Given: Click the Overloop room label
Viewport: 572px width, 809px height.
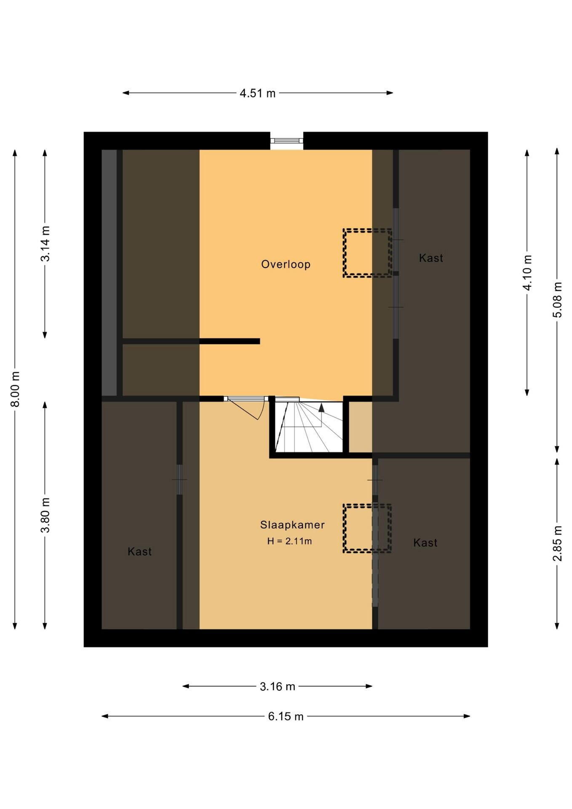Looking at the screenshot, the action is (286, 264).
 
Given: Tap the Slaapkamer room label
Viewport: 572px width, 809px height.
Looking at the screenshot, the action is (292, 525).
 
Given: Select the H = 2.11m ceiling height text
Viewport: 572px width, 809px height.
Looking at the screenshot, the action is (289, 541).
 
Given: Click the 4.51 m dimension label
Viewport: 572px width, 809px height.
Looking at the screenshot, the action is (257, 93).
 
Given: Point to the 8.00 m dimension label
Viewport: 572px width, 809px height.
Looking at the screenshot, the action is (15, 389).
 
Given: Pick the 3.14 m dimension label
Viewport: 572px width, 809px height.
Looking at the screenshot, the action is (45, 244).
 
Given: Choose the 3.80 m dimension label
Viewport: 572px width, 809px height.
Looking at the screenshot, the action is (45, 515).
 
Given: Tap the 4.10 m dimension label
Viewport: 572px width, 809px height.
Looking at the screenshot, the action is (527, 273).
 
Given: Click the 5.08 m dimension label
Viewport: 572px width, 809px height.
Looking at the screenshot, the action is (557, 300).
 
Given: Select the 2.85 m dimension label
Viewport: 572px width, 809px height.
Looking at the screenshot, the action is (557, 544).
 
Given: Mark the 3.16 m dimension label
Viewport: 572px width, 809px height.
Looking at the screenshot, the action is (277, 686).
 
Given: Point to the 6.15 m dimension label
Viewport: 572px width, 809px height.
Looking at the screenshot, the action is (286, 716).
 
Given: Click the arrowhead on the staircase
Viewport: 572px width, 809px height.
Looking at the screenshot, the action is (321, 407).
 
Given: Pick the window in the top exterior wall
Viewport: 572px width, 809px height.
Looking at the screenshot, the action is (286, 141).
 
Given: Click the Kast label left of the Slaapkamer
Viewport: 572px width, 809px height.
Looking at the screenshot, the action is (139, 552).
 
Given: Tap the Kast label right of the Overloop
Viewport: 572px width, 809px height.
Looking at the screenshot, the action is (431, 258).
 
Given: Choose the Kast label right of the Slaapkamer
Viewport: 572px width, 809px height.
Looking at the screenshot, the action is (425, 543).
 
